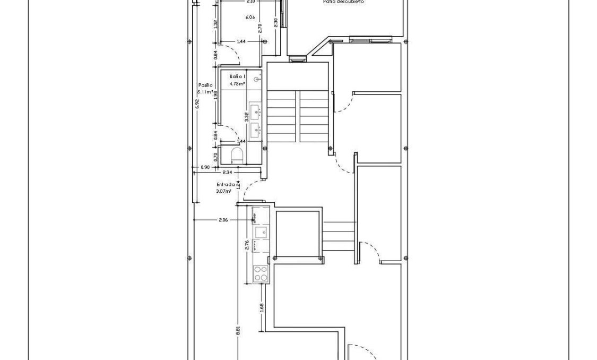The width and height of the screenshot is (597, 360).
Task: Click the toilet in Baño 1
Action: click(238, 155)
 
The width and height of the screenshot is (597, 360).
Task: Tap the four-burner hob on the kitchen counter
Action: click(261, 273)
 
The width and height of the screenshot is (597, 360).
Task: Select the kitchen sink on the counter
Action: click(261, 232)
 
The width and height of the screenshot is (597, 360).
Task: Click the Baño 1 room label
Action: click(237, 77)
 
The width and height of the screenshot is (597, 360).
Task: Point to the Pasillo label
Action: click(206, 85)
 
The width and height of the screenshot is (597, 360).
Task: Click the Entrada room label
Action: click(225, 185)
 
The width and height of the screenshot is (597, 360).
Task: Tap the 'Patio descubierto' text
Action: click(343, 2)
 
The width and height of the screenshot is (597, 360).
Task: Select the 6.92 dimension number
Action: click(197, 104)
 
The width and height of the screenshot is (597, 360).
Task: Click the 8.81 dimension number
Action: click(238, 329)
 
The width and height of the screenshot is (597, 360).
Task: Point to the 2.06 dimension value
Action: click(223, 219)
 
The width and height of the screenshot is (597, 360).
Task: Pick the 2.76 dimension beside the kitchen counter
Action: click(247, 245)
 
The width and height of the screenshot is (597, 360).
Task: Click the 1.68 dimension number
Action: click(262, 307)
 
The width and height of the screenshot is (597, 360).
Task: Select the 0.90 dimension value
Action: click(205, 167)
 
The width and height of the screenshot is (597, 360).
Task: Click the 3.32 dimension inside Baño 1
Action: click(246, 116)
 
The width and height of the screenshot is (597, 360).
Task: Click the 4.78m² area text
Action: click(237, 83)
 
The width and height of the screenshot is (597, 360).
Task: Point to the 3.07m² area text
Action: click(224, 191)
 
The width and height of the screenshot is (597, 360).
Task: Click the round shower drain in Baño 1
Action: click(257, 79)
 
